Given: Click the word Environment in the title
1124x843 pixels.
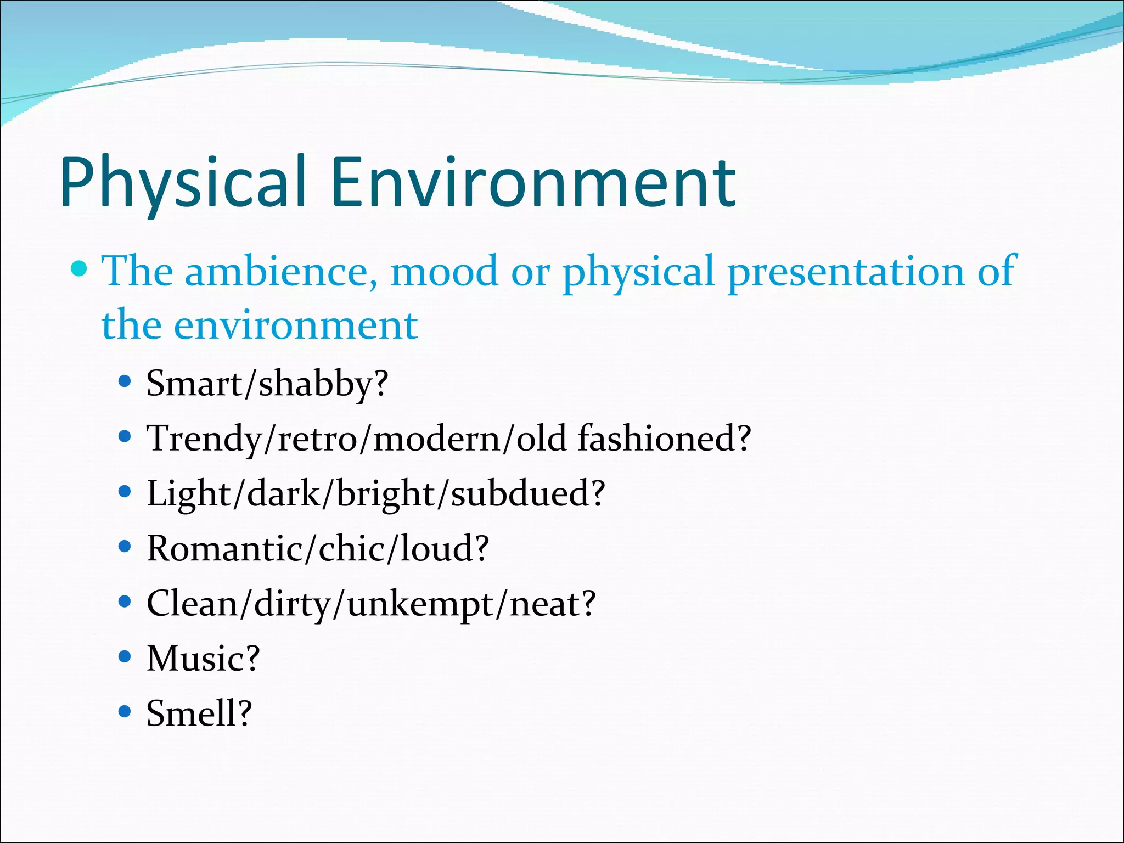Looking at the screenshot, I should (532, 183).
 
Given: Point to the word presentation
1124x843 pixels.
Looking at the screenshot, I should (845, 271).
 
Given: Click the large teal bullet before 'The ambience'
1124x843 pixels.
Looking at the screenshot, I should (80, 269).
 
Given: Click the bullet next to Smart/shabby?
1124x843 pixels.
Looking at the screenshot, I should (125, 381).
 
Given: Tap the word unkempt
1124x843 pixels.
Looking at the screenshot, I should (420, 604).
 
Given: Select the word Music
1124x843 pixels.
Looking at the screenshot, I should (195, 659).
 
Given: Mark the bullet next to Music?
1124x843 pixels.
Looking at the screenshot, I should (125, 656).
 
